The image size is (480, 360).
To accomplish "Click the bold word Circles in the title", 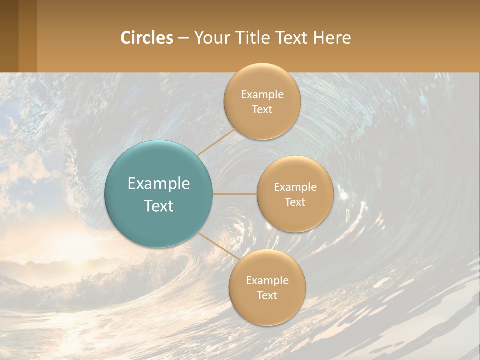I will [x=146, y=38].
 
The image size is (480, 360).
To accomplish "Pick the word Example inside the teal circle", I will [x=159, y=184].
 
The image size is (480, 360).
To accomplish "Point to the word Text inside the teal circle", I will [x=159, y=206].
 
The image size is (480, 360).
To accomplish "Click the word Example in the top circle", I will [x=262, y=95].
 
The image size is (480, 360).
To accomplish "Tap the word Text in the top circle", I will [x=262, y=110].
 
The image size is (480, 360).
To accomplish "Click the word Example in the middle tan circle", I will [x=295, y=187].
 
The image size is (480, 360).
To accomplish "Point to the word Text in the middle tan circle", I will [x=295, y=202].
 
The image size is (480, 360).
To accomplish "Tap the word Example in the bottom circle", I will [x=267, y=281].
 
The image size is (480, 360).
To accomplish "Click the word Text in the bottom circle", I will [x=267, y=296].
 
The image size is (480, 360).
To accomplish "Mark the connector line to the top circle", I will [x=216, y=142].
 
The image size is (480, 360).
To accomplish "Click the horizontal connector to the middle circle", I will [x=235, y=194].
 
